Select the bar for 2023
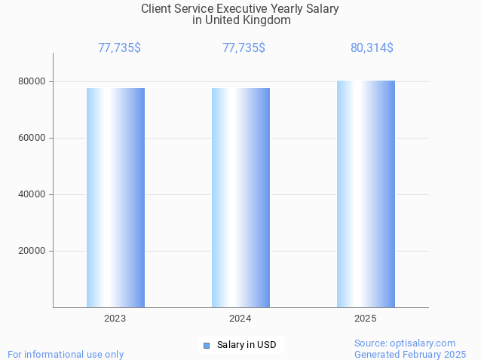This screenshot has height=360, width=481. click(x=115, y=197)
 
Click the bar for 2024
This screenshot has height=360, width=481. click(x=240, y=197)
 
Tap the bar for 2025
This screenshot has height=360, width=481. click(x=366, y=194)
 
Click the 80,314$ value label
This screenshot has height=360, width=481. click(x=372, y=48)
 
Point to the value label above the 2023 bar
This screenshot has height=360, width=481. click(x=119, y=48)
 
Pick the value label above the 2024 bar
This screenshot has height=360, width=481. click(x=244, y=48)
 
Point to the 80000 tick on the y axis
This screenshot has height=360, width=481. click(x=32, y=81)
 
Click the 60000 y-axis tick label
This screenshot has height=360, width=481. click(x=32, y=138)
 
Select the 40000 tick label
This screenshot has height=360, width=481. click(x=32, y=194)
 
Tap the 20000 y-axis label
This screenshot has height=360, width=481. click(x=32, y=251)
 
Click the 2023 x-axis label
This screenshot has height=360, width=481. click(x=115, y=319)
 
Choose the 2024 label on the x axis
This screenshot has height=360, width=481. click(x=240, y=319)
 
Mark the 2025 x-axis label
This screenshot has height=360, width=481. click(x=365, y=319)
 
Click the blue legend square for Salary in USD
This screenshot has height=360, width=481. click(x=207, y=346)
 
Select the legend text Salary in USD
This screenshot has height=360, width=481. click(x=247, y=346)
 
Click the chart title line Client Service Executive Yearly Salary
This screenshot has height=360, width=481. click(x=240, y=9)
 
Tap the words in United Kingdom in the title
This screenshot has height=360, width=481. click(x=241, y=20)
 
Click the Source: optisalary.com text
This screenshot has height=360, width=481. click(x=405, y=343)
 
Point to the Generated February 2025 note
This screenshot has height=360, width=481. click(x=410, y=354)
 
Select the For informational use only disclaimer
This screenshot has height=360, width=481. click(x=66, y=354)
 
